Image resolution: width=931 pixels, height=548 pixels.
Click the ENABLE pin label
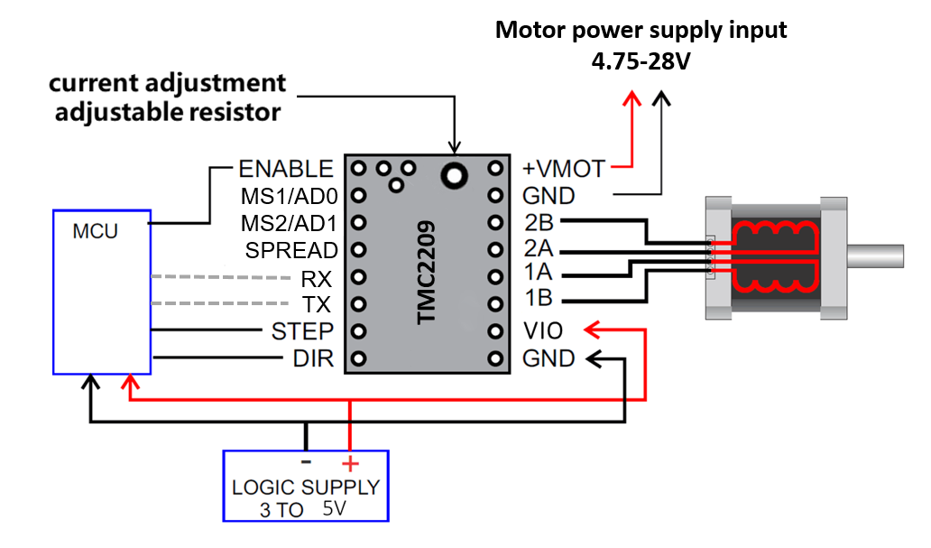[x=285, y=169]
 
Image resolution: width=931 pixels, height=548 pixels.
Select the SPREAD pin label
[x=291, y=250]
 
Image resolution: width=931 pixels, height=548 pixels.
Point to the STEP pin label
[x=302, y=331]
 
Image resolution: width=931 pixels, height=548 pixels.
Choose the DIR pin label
[x=313, y=358]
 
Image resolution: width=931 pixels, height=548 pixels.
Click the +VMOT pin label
[x=564, y=169]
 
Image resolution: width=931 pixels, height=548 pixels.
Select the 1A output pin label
[x=538, y=275]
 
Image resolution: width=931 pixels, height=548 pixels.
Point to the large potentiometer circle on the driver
[x=454, y=173]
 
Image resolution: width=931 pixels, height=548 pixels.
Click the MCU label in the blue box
[x=95, y=232]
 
